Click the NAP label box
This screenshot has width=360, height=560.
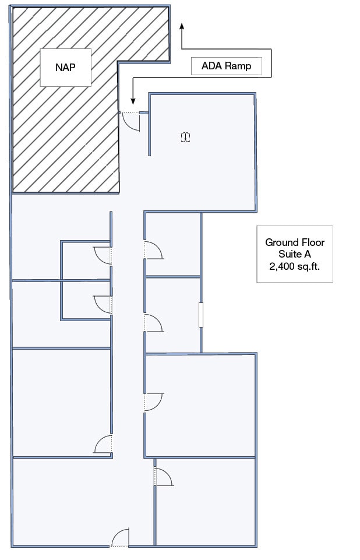click(65, 67)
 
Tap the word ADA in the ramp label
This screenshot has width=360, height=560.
click(209, 66)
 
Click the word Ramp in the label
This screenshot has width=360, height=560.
click(238, 66)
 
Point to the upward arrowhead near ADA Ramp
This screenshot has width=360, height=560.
click(182, 26)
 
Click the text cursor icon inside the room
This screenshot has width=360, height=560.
click(186, 137)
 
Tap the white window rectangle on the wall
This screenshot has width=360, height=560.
click(201, 315)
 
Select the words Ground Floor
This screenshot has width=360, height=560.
click(295, 242)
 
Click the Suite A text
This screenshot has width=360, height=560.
click(295, 254)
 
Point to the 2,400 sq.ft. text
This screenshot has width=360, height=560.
click(295, 266)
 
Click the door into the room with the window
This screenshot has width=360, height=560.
click(153, 323)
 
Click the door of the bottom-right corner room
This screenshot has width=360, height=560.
click(163, 477)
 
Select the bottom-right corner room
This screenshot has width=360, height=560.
click(207, 504)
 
